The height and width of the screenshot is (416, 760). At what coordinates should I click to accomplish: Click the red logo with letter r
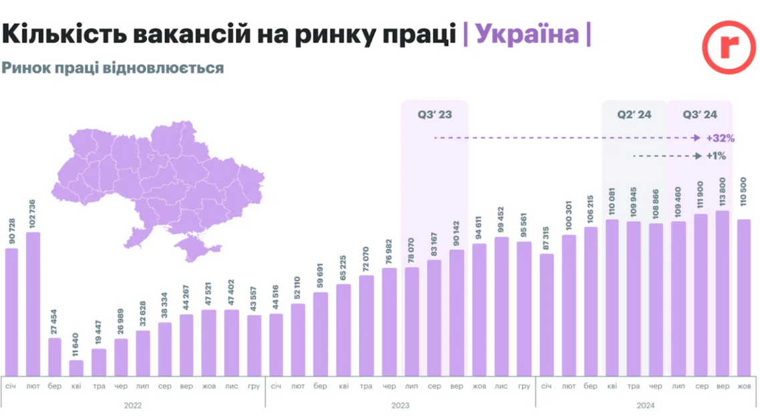point(728,47)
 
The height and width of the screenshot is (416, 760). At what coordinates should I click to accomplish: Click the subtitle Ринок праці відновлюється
point(112,68)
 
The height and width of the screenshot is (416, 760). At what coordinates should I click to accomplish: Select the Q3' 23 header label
point(434,115)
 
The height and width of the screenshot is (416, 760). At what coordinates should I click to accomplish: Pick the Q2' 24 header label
point(634,115)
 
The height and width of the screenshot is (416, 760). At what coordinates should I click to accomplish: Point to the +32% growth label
point(720,138)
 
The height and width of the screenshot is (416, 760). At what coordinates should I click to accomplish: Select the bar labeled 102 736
point(33,304)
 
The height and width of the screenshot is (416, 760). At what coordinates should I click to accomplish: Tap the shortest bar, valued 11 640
point(77,368)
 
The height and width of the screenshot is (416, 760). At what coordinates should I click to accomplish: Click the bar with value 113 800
point(722,293)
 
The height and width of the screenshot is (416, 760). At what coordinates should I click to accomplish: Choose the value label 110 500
point(743,200)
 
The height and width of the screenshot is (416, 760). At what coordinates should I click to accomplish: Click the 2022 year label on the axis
point(132,405)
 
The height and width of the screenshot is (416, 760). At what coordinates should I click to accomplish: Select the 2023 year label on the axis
point(400,405)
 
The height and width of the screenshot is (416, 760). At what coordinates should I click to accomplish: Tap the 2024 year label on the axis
point(645,405)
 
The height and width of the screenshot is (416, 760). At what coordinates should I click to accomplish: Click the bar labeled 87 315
point(546,315)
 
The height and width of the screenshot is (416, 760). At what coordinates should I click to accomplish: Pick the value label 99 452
point(502,218)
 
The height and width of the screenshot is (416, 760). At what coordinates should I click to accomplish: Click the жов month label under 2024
point(743,387)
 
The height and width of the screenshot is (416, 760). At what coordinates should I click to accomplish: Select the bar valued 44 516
point(276,345)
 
